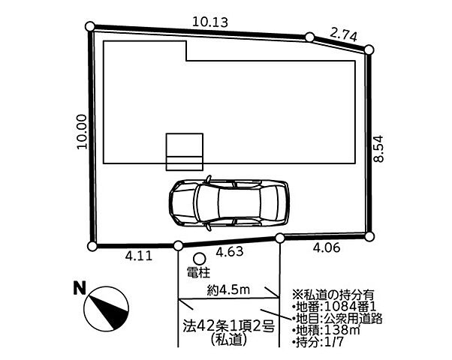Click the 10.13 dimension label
pyautogui.click(x=210, y=22)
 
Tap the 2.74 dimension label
pyautogui.click(x=343, y=35)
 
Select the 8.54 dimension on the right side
pyautogui.click(x=378, y=148)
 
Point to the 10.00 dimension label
pyautogui.click(x=82, y=132)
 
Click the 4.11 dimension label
pyautogui.click(x=139, y=256)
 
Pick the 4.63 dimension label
pyautogui.click(x=230, y=252)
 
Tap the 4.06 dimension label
pyautogui.click(x=327, y=247)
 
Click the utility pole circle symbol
pyautogui.click(x=199, y=258)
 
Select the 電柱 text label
pyautogui.click(x=199, y=272)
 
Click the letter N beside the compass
pyautogui.click(x=80, y=288)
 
